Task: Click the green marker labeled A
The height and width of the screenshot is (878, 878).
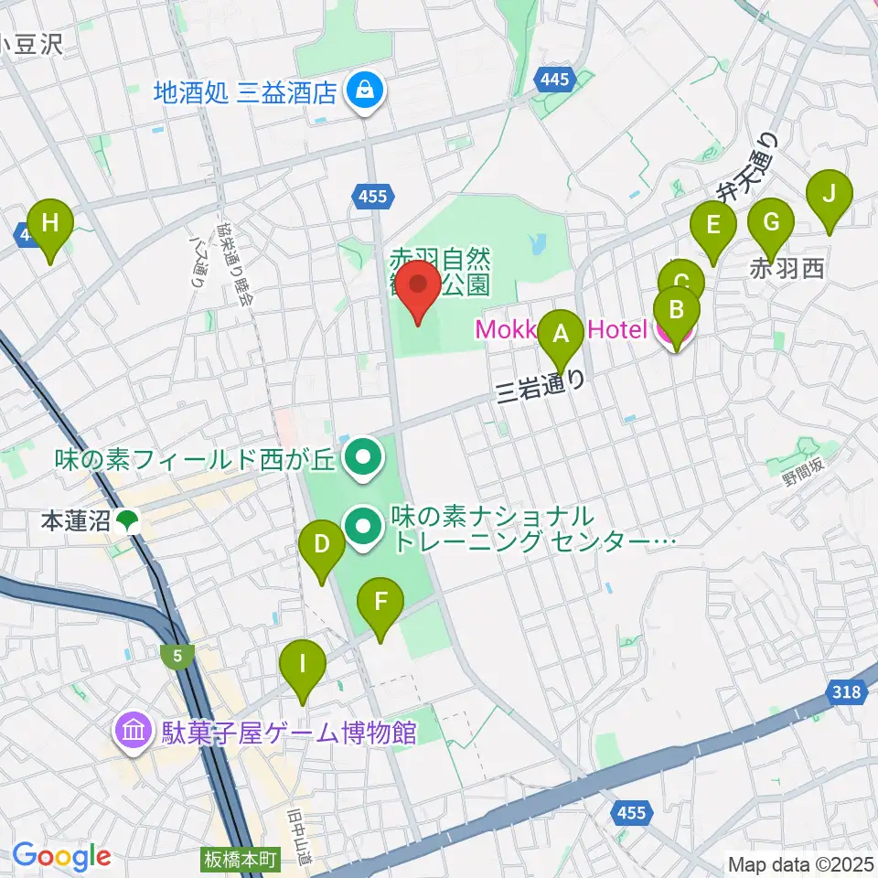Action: [x=562, y=336]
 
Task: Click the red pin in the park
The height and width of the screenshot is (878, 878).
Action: [x=420, y=285]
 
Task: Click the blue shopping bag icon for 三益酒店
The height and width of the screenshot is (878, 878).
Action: [x=365, y=91]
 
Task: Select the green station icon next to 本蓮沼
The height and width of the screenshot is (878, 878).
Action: [x=127, y=521]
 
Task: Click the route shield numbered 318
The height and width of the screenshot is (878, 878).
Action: [x=848, y=692]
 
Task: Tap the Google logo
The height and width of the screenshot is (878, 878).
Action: [x=61, y=856]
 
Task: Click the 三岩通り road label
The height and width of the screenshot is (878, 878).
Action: [x=540, y=388]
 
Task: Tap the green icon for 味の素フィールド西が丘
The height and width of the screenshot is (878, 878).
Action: [x=363, y=455]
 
